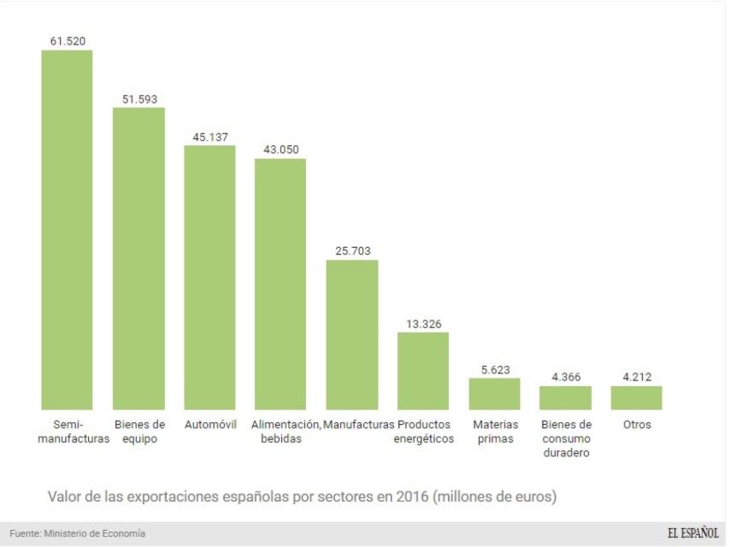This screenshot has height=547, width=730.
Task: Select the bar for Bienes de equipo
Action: [x=138, y=258]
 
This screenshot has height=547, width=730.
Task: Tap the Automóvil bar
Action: [x=209, y=277]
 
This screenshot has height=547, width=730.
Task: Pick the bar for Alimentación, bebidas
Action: [x=280, y=284]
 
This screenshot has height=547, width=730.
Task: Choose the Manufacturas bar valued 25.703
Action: [x=351, y=334]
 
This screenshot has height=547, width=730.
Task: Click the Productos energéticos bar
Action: [x=422, y=370]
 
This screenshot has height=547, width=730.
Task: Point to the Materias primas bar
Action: [x=493, y=393]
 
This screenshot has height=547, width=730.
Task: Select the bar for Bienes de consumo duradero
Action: [x=565, y=397]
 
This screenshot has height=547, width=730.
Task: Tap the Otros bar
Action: [x=636, y=397]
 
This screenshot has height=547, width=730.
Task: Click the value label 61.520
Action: [x=68, y=40]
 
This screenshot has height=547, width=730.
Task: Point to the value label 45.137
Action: [x=209, y=137]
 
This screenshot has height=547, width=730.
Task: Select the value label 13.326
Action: [x=422, y=323]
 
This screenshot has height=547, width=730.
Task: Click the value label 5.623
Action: [x=493, y=369]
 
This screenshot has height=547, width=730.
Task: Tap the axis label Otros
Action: [x=636, y=425]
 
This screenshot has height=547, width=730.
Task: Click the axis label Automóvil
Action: [x=209, y=425]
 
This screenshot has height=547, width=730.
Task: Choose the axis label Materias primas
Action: [x=493, y=432]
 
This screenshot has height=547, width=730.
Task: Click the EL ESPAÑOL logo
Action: [x=692, y=533]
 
